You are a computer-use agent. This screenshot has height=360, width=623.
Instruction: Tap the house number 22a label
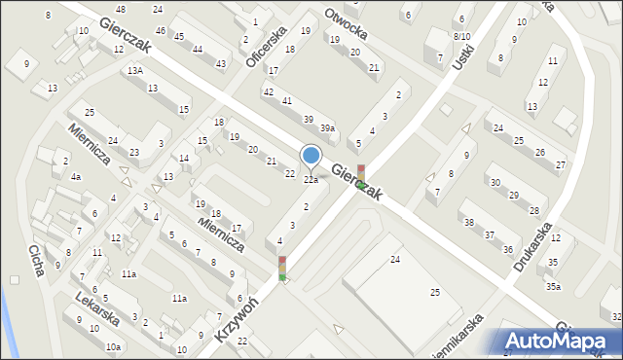[311, 179]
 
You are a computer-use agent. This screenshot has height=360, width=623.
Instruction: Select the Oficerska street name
[265, 46]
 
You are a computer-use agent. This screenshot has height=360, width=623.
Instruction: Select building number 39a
[328, 128]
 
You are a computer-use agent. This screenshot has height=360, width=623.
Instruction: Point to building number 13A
[134, 71]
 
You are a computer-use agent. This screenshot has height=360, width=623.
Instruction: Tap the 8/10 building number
[461, 36]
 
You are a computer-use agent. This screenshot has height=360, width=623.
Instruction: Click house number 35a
[553, 286]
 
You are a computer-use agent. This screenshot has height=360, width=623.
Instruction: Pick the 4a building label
[75, 178]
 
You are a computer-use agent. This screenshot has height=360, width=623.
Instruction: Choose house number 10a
[114, 346]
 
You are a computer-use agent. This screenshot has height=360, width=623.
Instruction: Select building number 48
[121, 9]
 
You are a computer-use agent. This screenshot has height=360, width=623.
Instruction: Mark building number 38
[469, 223]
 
